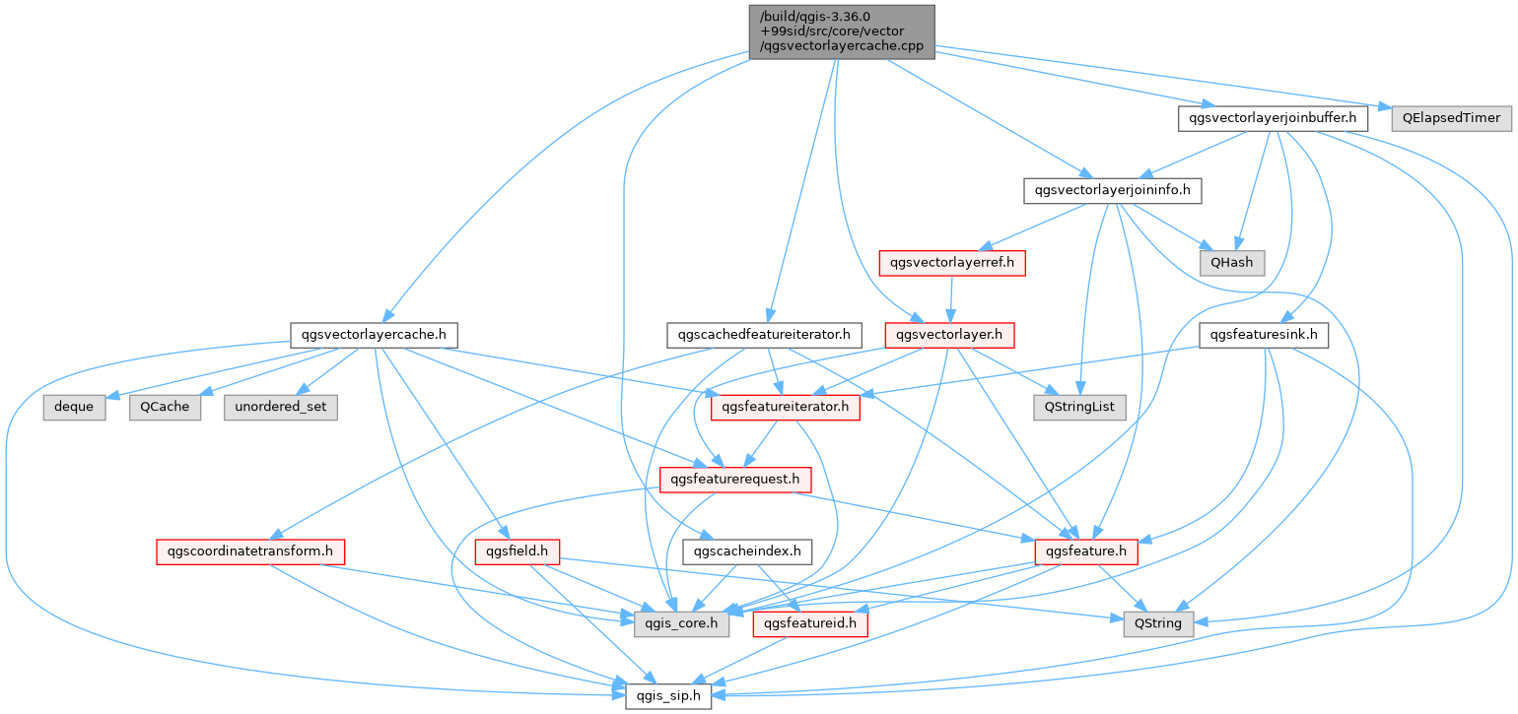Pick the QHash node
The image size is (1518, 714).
(1231, 263)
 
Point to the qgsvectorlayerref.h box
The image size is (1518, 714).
(951, 263)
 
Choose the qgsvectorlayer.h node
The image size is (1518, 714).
(950, 335)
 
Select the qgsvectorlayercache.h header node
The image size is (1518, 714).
(376, 335)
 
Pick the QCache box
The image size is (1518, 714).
(165, 407)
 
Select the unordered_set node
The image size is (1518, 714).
(281, 407)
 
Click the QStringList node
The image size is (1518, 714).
(1079, 407)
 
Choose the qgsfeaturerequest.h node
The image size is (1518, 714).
(735, 480)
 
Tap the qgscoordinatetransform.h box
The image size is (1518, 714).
(249, 552)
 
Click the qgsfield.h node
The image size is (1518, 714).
(517, 552)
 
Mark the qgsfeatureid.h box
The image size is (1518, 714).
(810, 623)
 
